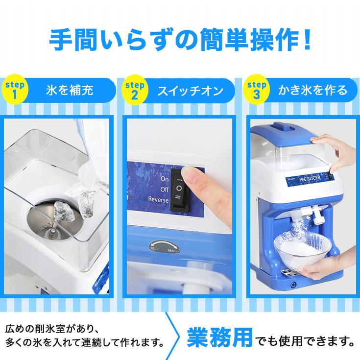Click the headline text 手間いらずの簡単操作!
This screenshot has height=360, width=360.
[180, 40]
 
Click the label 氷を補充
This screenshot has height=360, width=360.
[69, 91]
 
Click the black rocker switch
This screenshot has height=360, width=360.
[179, 189]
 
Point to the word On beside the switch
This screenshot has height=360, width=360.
[164, 179]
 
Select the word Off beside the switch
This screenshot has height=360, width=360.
[164, 189]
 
